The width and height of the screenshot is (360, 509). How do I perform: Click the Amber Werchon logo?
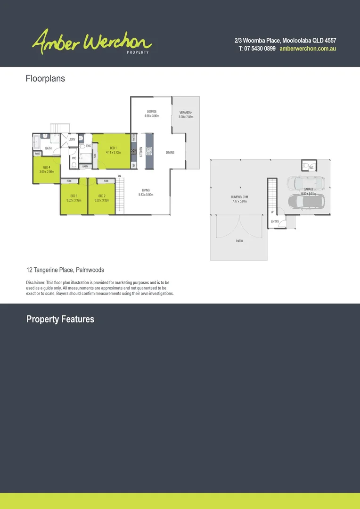pos(92,41)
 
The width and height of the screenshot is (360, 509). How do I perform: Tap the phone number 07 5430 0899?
pos(257,49)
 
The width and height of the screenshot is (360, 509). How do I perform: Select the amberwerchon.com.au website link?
pos(307,49)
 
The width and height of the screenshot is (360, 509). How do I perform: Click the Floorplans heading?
pos(45,79)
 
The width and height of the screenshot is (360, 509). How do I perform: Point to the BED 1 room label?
pos(113,148)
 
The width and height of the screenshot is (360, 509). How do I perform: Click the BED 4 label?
pos(47,167)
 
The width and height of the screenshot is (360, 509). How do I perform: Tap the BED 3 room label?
pos(74,196)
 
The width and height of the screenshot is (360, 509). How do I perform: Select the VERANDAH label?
pos(186,113)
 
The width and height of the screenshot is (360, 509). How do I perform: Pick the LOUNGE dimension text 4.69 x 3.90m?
pos(152,116)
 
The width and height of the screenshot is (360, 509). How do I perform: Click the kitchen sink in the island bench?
pos(149,151)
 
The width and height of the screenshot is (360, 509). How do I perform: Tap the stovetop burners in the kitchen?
pos(134,152)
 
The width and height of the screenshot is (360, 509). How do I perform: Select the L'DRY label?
pos(72,140)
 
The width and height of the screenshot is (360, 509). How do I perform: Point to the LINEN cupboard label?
pos(85,166)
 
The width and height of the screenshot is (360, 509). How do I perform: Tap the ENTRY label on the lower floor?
pos(275,222)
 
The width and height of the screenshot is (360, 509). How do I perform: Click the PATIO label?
pos(239,241)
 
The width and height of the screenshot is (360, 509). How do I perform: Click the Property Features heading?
pos(60,320)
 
